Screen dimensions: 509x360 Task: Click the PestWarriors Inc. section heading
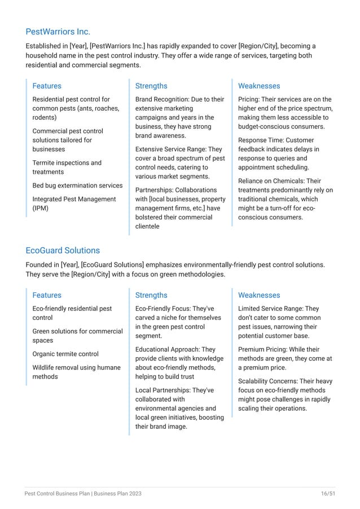(58, 31)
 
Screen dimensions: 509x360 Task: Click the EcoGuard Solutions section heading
(63, 250)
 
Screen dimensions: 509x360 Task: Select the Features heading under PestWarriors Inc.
(47, 86)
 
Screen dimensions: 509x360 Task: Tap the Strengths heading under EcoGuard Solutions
(151, 295)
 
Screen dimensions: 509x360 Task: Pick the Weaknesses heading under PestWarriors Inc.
(259, 86)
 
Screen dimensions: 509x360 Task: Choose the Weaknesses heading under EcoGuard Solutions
(259, 295)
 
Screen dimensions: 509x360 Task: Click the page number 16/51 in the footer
(327, 493)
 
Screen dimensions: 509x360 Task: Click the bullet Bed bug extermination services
(77, 186)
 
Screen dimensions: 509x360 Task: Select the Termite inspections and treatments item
(67, 167)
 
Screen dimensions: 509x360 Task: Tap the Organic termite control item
(65, 354)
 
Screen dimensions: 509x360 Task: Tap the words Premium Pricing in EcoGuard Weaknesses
(261, 349)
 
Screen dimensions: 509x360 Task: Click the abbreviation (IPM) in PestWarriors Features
(40, 208)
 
